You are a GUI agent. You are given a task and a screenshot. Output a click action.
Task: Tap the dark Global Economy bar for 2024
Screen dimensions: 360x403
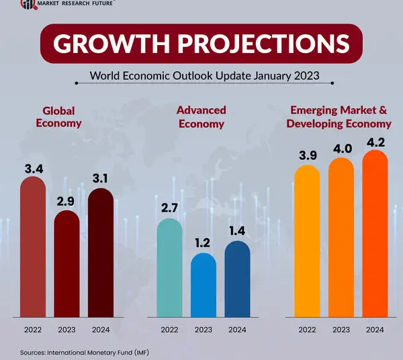tap(101, 252)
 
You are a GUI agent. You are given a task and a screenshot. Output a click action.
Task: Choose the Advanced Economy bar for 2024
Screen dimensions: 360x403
tap(237, 279)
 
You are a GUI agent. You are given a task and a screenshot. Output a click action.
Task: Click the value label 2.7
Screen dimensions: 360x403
tap(170, 208)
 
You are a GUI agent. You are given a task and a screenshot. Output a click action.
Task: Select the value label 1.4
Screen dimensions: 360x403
tap(237, 230)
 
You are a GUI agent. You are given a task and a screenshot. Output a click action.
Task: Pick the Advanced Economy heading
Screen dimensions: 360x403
tap(201, 116)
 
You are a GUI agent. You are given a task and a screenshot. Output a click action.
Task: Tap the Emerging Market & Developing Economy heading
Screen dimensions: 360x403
tap(339, 116)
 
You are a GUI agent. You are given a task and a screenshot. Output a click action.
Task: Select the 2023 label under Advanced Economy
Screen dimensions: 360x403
tap(204, 329)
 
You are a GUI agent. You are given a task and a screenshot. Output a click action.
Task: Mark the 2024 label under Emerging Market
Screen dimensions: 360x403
tap(375, 329)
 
